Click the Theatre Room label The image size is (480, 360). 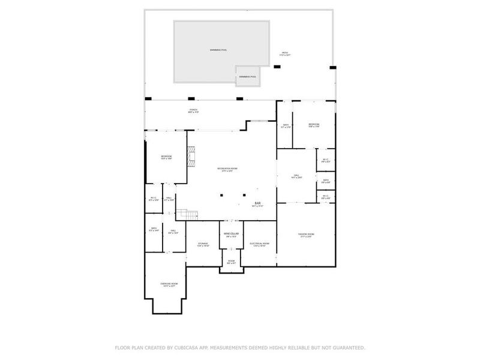[306, 235]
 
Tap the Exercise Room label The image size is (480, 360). [169, 284]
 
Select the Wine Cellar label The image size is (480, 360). [232, 234]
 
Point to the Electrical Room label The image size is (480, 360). [259, 244]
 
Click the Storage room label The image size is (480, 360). [203, 244]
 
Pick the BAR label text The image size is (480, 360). [257, 203]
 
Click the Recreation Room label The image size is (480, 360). [227, 169]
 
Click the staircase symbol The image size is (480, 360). [191, 215]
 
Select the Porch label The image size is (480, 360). [193, 110]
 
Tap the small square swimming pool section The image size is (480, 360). [247, 74]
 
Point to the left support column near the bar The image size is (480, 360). [221, 194]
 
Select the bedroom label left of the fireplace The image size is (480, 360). [166, 157]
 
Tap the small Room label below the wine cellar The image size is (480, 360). [231, 262]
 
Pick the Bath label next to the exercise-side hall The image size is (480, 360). [154, 229]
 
